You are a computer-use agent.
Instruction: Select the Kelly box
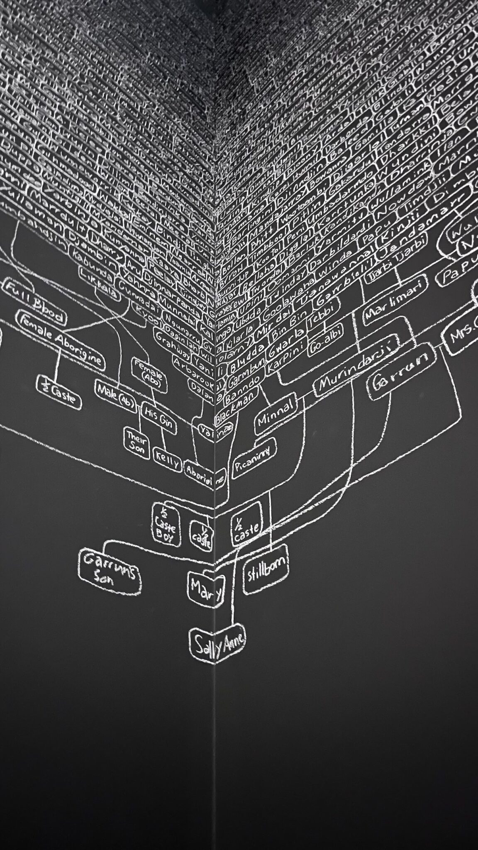[167, 459]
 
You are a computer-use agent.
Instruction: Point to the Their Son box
[137, 444]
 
